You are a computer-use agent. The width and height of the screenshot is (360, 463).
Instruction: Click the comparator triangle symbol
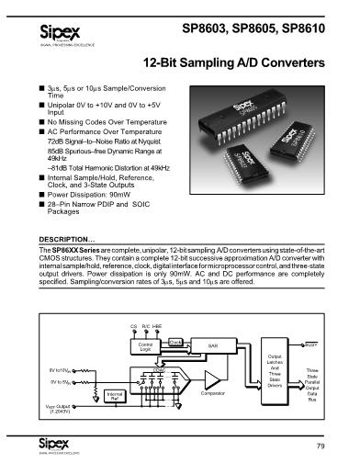click(214, 380)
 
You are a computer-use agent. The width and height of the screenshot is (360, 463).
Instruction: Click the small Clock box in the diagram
click(174, 340)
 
